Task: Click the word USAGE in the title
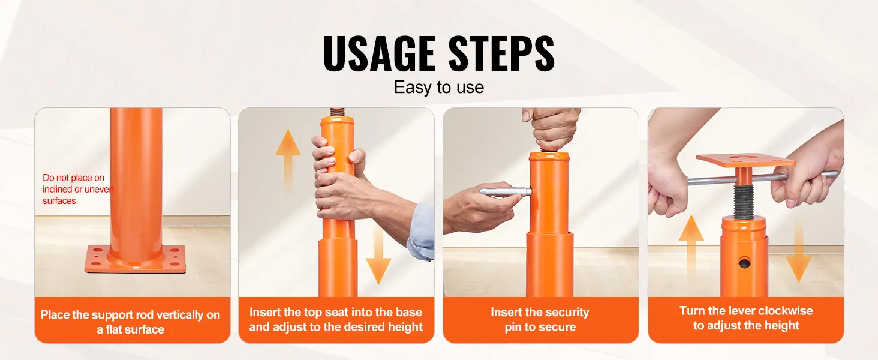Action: pyautogui.click(x=379, y=53)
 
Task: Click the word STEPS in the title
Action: pyautogui.click(x=502, y=53)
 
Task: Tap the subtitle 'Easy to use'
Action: pyautogui.click(x=438, y=88)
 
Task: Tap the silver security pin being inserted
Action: pyautogui.click(x=506, y=191)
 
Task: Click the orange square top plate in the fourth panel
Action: pyautogui.click(x=745, y=160)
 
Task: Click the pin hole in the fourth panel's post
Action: pyautogui.click(x=744, y=263)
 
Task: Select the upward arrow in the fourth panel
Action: pyautogui.click(x=691, y=251)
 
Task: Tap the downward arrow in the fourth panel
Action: pyautogui.click(x=798, y=251)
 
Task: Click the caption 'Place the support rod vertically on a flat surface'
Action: pyautogui.click(x=131, y=322)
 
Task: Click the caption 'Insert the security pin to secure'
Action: pyautogui.click(x=540, y=320)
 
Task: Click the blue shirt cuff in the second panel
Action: pyautogui.click(x=420, y=232)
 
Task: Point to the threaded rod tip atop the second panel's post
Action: pyautogui.click(x=336, y=112)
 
